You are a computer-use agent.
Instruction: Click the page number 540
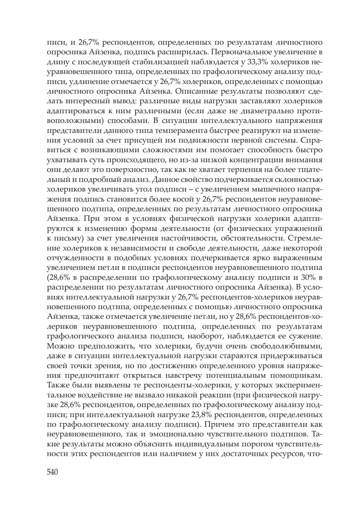(x=53, y=472)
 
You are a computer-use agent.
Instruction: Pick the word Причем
(x=216, y=425)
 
